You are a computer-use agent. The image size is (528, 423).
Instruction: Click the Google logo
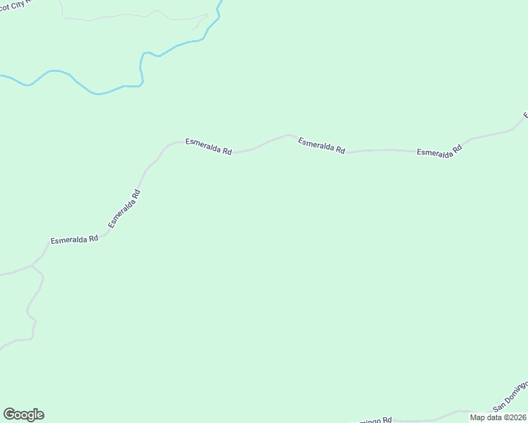click(23, 415)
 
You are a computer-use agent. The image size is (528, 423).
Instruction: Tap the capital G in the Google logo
click(8, 415)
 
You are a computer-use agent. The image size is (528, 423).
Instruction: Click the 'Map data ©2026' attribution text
click(498, 417)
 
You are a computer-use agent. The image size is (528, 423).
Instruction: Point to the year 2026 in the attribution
click(515, 417)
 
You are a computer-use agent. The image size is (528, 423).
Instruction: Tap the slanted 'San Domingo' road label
click(510, 396)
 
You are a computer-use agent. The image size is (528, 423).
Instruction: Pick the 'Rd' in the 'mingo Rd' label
click(387, 419)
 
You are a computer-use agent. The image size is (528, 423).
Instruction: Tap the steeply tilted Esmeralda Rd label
click(124, 208)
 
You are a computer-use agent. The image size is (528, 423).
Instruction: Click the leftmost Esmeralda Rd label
click(74, 240)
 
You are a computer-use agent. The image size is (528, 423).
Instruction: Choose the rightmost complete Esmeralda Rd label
click(438, 150)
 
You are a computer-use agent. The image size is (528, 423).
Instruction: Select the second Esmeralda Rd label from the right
click(321, 145)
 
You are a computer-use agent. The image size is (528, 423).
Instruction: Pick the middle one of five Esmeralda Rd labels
click(208, 146)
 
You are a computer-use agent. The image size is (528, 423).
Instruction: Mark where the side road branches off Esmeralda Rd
click(32, 266)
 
